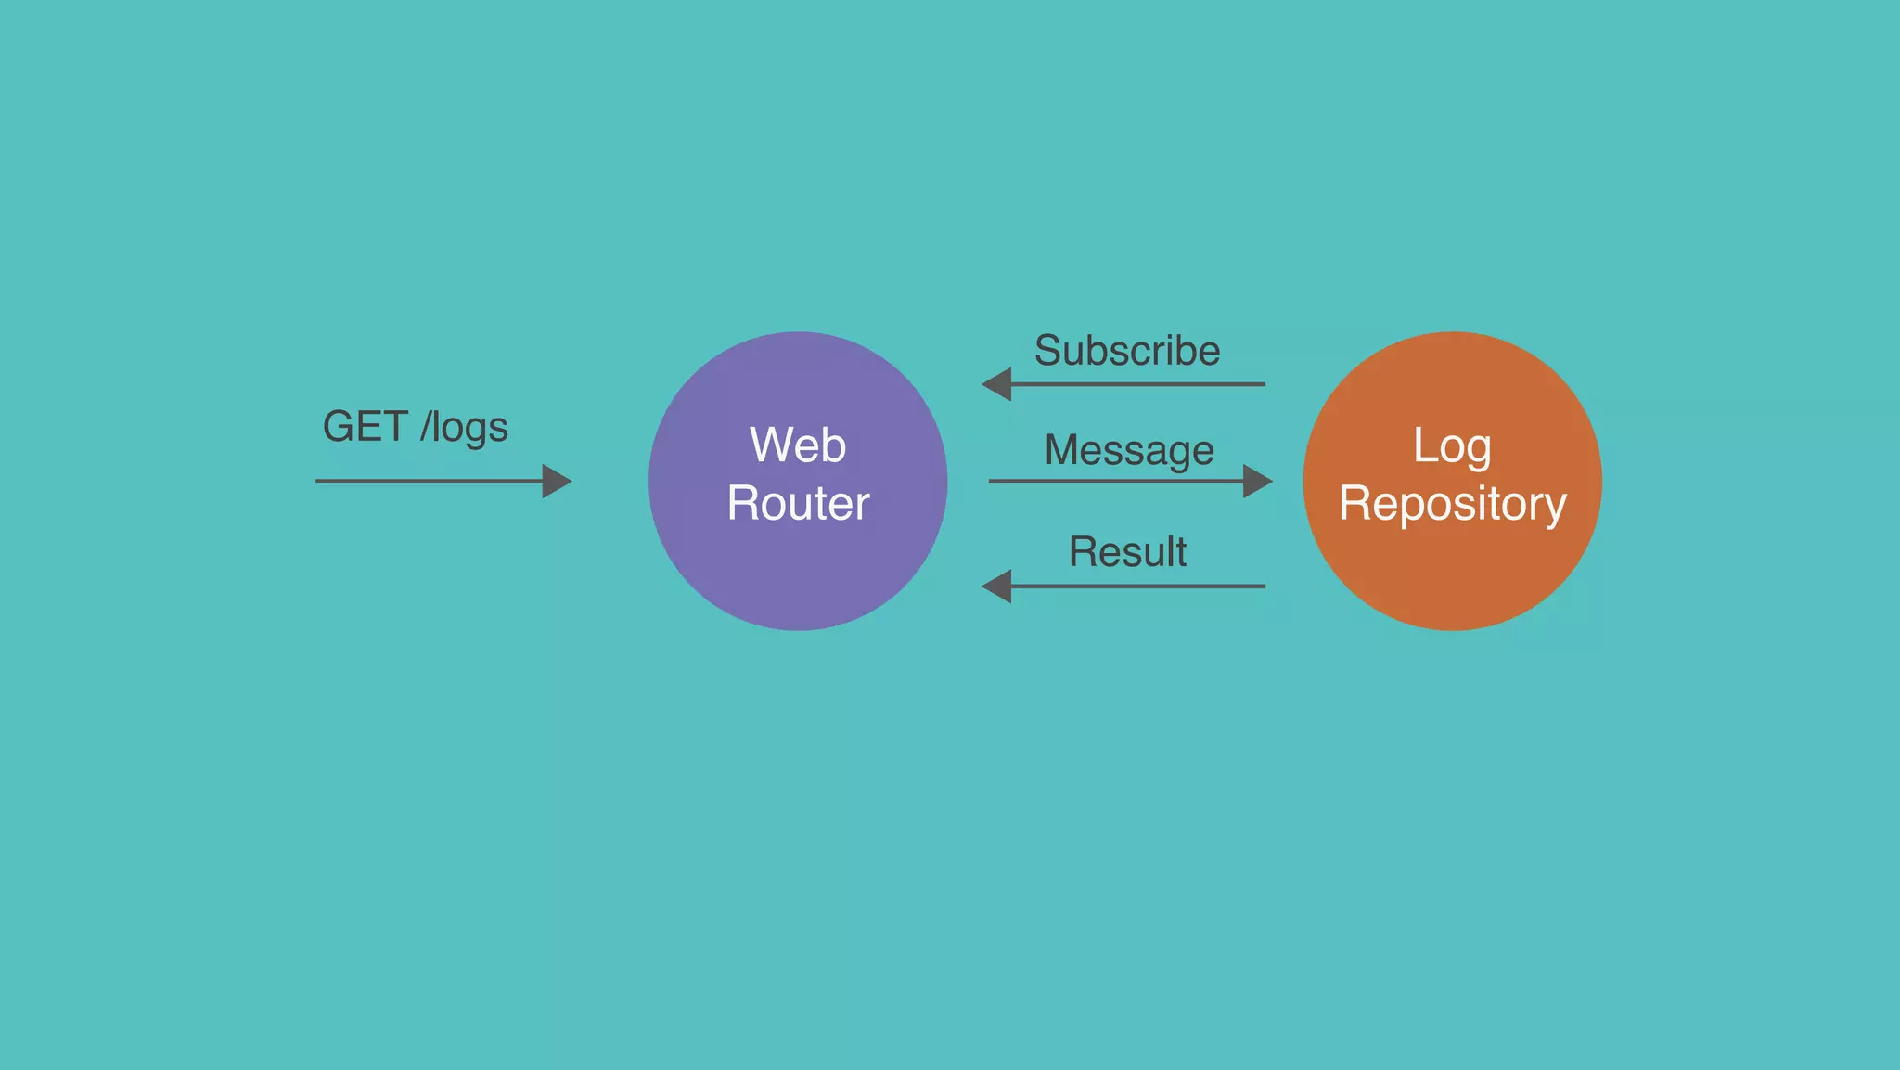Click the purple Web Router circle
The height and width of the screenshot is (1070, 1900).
click(x=798, y=575)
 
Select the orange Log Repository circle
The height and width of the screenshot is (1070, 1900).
click(x=1452, y=575)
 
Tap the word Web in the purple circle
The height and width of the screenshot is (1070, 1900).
click(x=798, y=445)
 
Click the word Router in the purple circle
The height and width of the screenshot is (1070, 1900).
click(x=798, y=503)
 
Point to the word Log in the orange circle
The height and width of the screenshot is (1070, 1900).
click(x=1452, y=446)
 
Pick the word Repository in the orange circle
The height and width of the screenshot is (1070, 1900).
click(x=1452, y=504)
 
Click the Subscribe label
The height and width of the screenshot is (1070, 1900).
click(x=1127, y=351)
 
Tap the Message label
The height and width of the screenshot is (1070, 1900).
click(x=1129, y=450)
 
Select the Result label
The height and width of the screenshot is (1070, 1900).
click(x=1127, y=551)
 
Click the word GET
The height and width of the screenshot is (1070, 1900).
click(x=365, y=427)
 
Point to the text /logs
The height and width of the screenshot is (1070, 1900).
click(x=464, y=428)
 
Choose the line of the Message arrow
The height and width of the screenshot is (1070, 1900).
click(x=1113, y=481)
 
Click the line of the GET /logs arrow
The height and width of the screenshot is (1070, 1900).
click(x=427, y=481)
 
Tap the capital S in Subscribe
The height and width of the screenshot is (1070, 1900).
click(x=1048, y=351)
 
